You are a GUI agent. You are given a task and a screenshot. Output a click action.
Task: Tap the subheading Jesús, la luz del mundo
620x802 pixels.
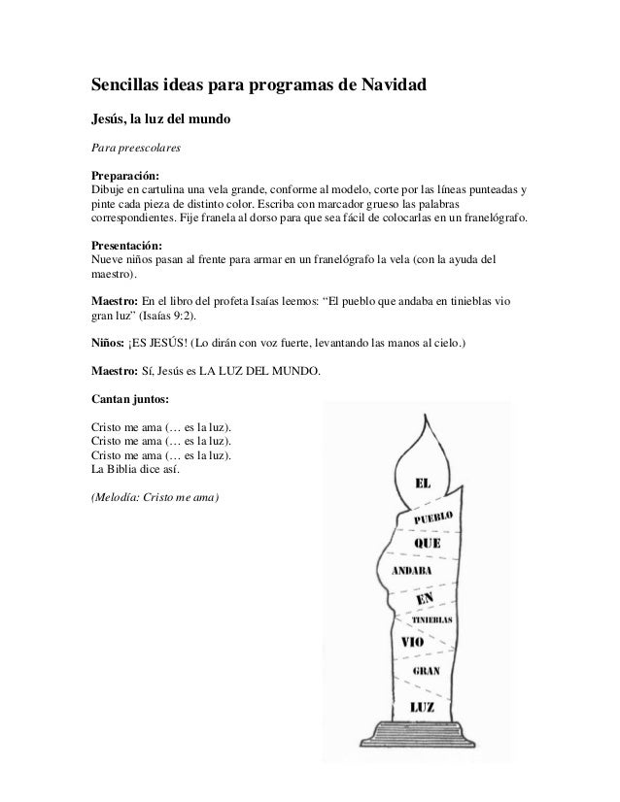(x=160, y=121)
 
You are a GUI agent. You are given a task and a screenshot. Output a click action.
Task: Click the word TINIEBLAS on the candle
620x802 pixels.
(x=433, y=618)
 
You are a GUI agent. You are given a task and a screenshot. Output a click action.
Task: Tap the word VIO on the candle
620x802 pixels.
(x=411, y=641)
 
